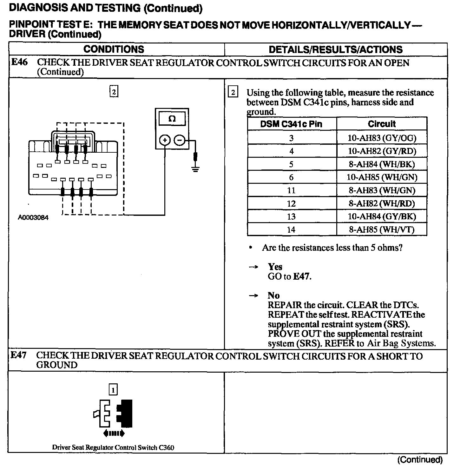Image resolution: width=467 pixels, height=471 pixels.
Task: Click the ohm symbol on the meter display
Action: click(172, 119)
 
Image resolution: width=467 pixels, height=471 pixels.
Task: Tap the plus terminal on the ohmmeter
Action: click(165, 140)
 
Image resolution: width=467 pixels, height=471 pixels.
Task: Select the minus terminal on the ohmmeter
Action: click(180, 140)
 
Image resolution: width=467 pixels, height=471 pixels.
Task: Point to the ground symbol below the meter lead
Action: click(195, 169)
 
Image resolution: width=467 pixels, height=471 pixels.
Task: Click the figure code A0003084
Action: click(33, 218)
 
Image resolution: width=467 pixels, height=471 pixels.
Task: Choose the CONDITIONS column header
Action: click(114, 50)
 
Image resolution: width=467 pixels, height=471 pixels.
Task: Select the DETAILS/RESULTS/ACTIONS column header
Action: click(335, 50)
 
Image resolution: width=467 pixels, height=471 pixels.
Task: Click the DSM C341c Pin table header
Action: click(291, 124)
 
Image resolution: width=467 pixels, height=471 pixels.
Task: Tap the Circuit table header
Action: click(382, 124)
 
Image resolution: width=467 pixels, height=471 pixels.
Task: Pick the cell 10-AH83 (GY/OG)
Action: click(382, 138)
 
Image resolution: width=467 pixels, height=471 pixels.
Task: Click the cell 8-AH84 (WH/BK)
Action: click(382, 164)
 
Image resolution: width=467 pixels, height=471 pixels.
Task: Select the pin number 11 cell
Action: click(291, 190)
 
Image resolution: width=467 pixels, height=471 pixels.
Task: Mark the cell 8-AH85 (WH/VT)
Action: click(382, 229)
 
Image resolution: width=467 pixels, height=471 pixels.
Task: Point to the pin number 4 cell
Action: click(291, 151)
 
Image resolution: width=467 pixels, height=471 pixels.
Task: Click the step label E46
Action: click(19, 62)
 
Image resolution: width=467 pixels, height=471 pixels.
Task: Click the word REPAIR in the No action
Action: click(285, 305)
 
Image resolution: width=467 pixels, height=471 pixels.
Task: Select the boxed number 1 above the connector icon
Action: click(113, 389)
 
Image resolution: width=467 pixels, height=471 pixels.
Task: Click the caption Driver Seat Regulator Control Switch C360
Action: click(113, 448)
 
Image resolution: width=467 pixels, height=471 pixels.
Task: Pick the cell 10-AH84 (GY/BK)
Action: click(382, 216)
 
